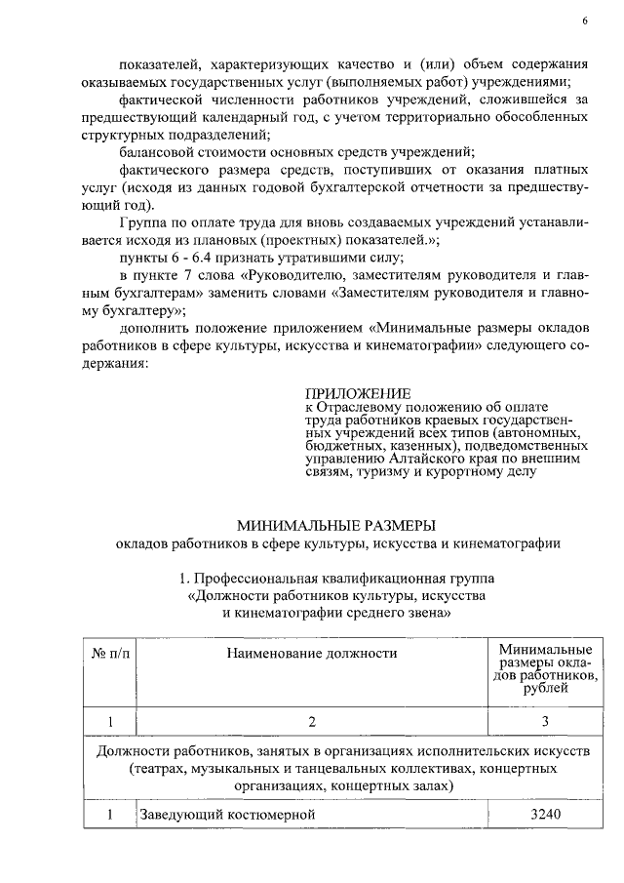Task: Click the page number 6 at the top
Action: coord(585,20)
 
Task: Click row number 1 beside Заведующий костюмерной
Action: coord(110,813)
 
